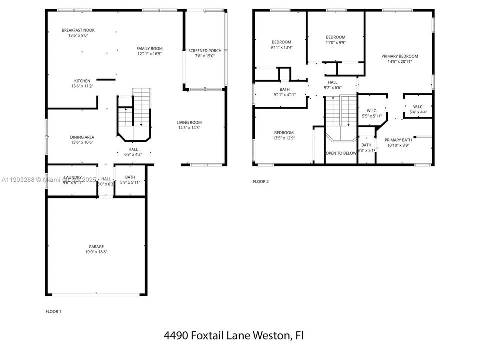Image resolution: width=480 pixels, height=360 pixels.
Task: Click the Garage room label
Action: pos(96,246)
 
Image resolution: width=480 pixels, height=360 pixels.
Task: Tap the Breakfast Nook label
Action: pos(78,30)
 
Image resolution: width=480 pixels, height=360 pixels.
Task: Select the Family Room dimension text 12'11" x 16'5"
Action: pos(150,54)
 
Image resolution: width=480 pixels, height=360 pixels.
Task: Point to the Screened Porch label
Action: pos(205,51)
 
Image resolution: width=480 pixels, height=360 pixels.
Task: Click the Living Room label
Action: pos(189,122)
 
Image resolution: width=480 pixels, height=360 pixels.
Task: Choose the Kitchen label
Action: pos(82,81)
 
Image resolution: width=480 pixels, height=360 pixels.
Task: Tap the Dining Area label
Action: pos(82,137)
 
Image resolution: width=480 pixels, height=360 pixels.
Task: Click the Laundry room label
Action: pos(72,177)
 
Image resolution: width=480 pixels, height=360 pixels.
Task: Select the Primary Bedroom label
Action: pos(399,56)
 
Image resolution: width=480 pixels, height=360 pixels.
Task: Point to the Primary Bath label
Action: pos(398,140)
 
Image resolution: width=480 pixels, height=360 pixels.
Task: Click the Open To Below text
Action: pos(341,153)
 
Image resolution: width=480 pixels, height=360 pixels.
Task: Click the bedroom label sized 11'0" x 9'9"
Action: pos(335,37)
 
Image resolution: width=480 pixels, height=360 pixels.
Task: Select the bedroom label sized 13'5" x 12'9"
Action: pos(283,132)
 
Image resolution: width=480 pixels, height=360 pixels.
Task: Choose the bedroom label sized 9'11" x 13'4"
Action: pos(281,42)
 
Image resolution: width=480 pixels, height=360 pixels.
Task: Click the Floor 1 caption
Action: pos(53,311)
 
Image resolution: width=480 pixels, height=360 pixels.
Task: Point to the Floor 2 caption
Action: pos(261,181)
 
